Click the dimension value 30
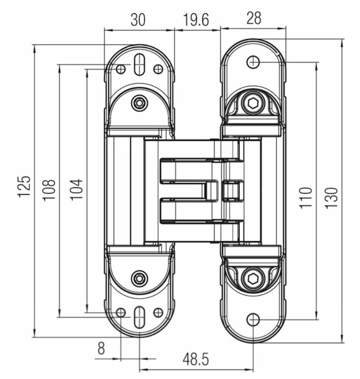click(x=138, y=20)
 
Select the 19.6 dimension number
click(x=196, y=20)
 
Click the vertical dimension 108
click(x=49, y=190)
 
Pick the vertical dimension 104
click(x=77, y=189)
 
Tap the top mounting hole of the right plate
click(x=253, y=62)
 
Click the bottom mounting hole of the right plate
click(x=253, y=320)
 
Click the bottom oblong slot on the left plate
click(x=139, y=317)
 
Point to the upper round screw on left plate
click(x=138, y=103)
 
